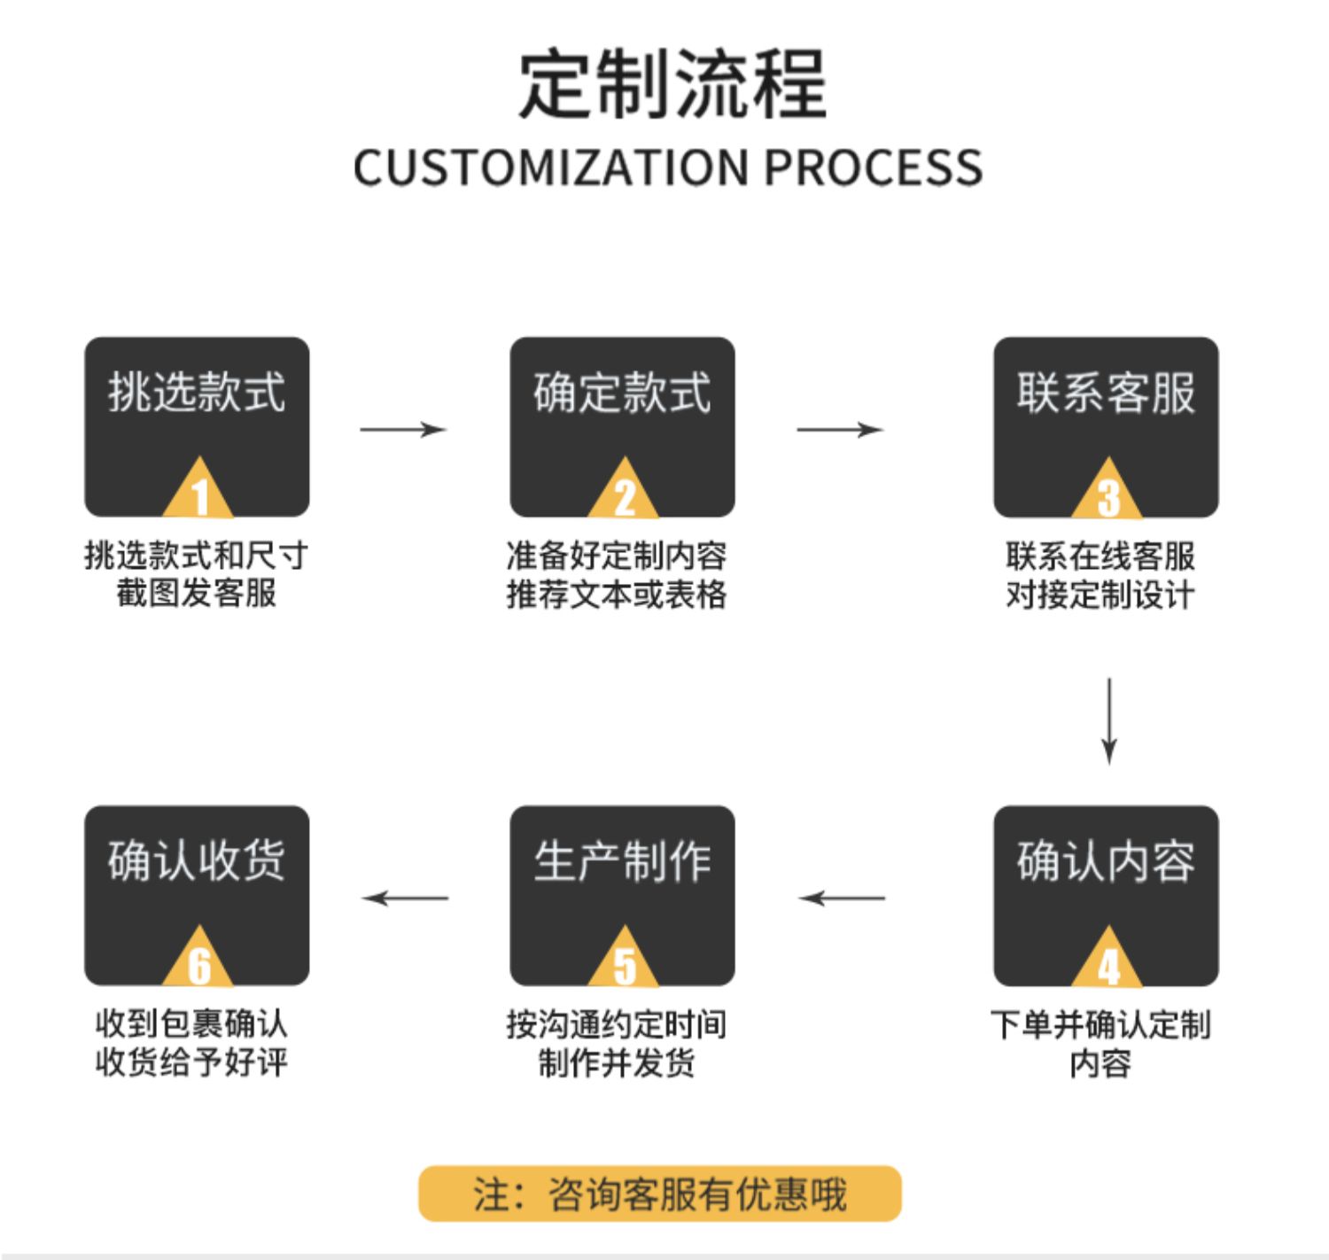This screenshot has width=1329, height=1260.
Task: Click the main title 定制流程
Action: click(672, 84)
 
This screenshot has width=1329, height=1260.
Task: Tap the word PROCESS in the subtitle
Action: click(874, 167)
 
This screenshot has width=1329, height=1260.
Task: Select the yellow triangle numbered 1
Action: click(198, 488)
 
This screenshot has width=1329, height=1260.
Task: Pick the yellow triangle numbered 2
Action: click(623, 488)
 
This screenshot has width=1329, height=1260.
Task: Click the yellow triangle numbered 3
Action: click(1107, 488)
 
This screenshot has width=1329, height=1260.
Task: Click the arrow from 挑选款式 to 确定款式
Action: click(403, 430)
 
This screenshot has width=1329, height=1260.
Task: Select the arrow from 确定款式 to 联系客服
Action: click(840, 430)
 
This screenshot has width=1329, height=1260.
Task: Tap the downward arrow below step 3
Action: click(1108, 721)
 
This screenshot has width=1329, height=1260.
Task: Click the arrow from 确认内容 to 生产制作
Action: click(842, 898)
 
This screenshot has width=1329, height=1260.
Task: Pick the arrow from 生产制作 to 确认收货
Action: click(405, 898)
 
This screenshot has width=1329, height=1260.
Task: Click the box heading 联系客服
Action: click(1106, 393)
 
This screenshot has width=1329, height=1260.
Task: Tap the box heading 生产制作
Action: click(623, 861)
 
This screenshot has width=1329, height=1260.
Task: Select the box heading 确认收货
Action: click(197, 861)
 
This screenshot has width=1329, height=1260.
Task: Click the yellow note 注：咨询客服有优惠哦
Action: click(660, 1194)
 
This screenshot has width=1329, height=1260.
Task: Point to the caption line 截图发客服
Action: click(197, 593)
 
